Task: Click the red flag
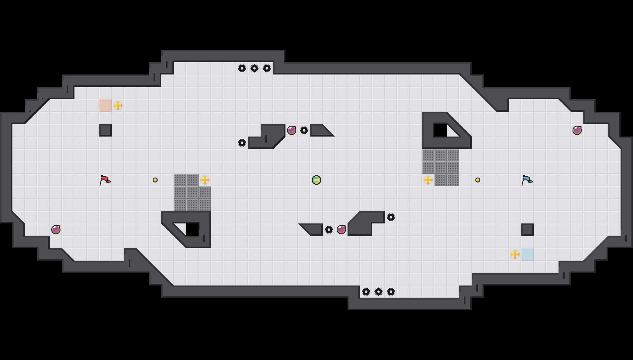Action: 105,180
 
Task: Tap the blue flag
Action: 527,180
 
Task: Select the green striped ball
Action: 316,180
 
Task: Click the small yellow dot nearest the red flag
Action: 155,180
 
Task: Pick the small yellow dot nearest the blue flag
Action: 478,180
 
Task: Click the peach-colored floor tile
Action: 105,106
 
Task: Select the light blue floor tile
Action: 527,254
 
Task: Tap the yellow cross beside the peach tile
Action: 118,106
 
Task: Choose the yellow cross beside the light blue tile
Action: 515,254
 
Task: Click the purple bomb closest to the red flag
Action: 56,230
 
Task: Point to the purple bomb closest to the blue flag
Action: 577,130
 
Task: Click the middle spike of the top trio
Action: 254,68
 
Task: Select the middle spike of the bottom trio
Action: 379,292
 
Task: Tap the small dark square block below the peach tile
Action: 105,130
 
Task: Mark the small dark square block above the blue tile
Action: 527,230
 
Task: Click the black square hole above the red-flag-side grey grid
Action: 192,230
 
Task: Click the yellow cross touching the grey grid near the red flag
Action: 205,180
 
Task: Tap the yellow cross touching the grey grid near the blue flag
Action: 428,180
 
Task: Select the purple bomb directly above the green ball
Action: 292,130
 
